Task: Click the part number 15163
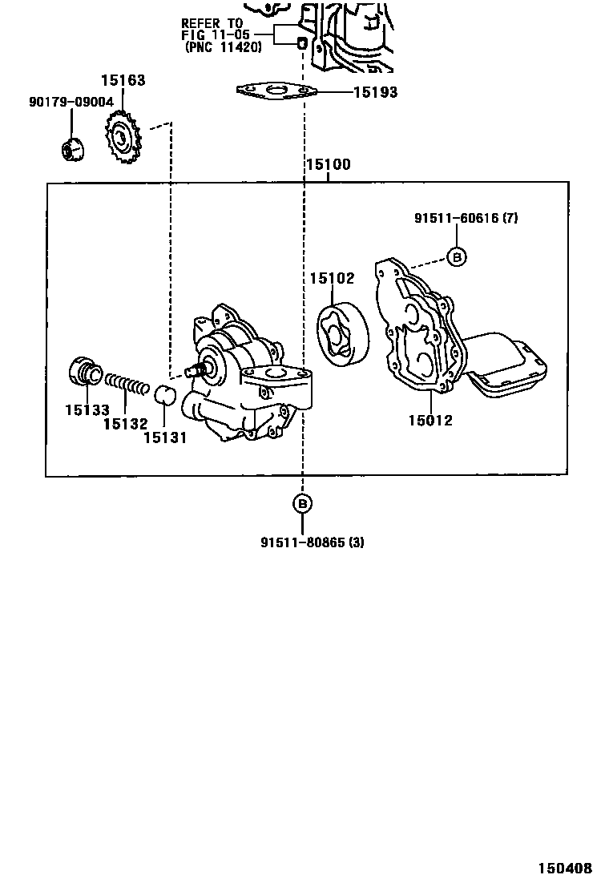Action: [123, 80]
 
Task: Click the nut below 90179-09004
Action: [71, 149]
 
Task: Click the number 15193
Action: [375, 92]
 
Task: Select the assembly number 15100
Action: [328, 166]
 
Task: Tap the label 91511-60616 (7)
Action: [466, 218]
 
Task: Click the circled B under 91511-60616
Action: [456, 256]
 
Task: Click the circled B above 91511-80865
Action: [302, 503]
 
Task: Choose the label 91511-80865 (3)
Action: [312, 542]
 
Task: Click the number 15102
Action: [333, 278]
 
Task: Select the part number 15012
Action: [430, 420]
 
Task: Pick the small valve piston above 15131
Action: [164, 394]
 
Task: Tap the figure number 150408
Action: [564, 868]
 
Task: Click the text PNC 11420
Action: [223, 47]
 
